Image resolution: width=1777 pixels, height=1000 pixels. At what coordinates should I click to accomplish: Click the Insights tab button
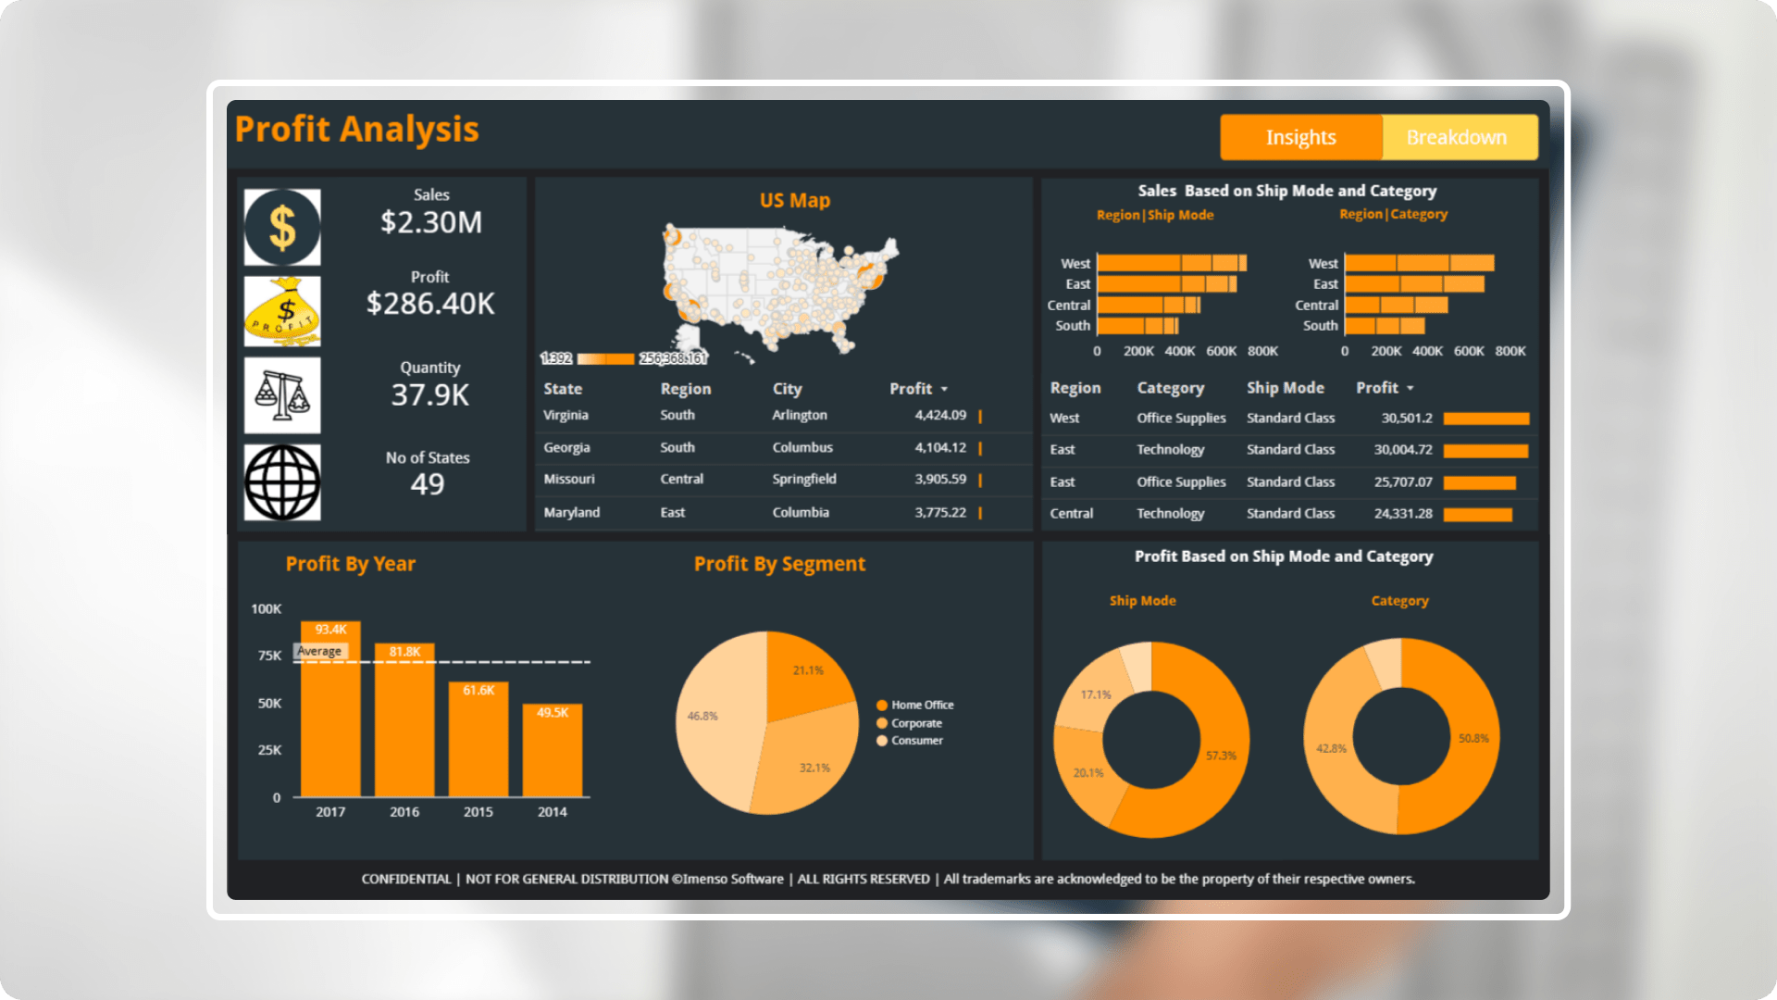coord(1300,137)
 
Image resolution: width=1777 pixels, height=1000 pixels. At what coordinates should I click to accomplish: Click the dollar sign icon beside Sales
coord(282,227)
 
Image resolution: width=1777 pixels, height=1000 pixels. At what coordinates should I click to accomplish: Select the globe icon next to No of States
coord(282,482)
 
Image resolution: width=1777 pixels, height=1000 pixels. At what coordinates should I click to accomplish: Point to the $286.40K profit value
coord(430,303)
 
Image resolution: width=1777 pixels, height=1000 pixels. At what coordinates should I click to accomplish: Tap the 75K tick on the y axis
coord(269,656)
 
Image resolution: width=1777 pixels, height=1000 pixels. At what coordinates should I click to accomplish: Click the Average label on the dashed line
coord(319,651)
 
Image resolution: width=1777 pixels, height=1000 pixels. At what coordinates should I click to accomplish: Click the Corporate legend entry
coord(916,723)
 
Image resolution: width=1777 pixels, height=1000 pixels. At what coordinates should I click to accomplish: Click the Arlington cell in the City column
coord(800,416)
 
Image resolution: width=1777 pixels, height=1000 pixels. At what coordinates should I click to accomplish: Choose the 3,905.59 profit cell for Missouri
coord(940,480)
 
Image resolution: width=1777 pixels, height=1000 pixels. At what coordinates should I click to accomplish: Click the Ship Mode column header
coord(1285,388)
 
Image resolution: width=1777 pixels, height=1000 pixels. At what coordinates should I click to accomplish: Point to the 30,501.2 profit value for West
coord(1406,419)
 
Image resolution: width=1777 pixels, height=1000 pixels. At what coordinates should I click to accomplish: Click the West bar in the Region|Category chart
coord(1419,263)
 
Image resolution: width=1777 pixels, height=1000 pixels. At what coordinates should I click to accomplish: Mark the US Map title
coord(794,200)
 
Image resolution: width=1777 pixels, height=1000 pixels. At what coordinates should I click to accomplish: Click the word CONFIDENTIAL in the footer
coord(405,879)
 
